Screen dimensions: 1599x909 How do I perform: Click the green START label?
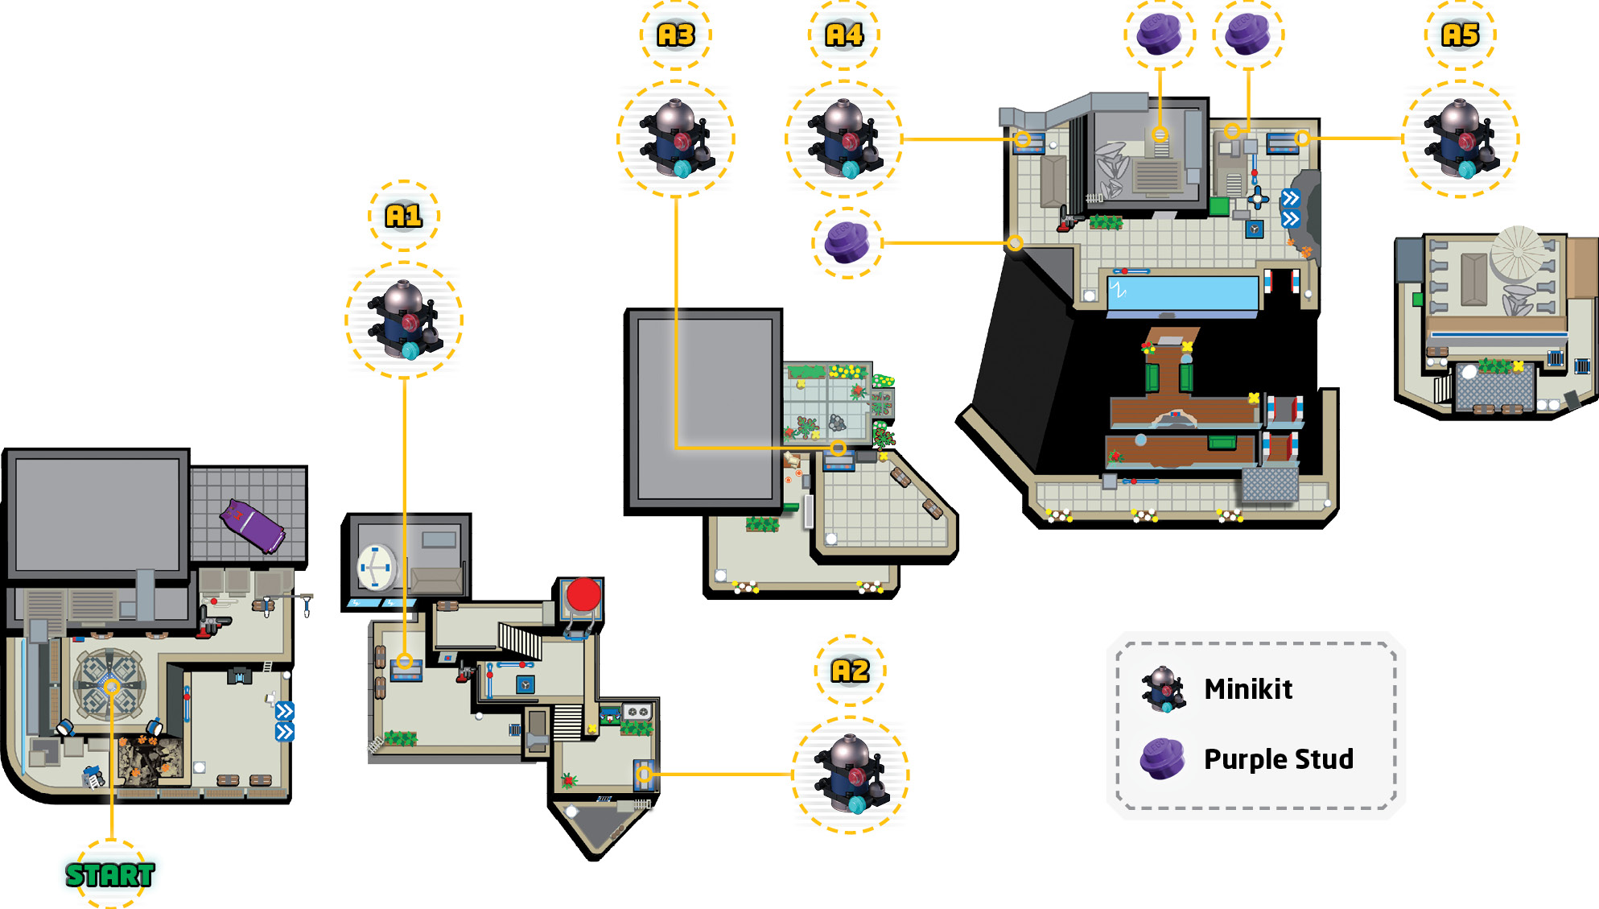pyautogui.click(x=109, y=874)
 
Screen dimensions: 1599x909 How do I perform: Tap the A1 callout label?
pyautogui.click(x=403, y=216)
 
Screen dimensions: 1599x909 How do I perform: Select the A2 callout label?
pyautogui.click(x=850, y=671)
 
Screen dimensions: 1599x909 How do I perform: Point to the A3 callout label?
pyautogui.click(x=676, y=35)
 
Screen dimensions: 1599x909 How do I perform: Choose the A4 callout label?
pyautogui.click(x=844, y=35)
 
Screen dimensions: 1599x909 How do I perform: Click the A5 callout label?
pyautogui.click(x=1460, y=35)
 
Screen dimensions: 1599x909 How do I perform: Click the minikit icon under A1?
pyautogui.click(x=404, y=320)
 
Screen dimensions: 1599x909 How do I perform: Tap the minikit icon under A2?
pyautogui.click(x=851, y=774)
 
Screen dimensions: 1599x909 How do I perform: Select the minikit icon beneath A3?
pyautogui.click(x=676, y=138)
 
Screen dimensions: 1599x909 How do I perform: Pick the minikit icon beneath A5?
pyautogui.click(x=1461, y=138)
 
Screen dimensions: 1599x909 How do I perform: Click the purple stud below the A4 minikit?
pyautogui.click(x=847, y=242)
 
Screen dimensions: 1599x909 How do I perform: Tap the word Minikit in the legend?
pyautogui.click(x=1248, y=689)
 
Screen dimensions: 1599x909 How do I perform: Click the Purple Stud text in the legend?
pyautogui.click(x=1278, y=758)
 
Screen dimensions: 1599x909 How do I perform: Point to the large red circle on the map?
pyautogui.click(x=583, y=595)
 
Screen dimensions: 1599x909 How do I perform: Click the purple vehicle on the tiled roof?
pyautogui.click(x=253, y=526)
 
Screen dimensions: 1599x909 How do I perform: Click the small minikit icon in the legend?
pyautogui.click(x=1163, y=689)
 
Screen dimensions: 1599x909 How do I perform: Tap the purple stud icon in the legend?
pyautogui.click(x=1163, y=758)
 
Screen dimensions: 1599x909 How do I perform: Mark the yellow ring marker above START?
pyautogui.click(x=112, y=687)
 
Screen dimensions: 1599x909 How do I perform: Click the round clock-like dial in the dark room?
pyautogui.click(x=377, y=568)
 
